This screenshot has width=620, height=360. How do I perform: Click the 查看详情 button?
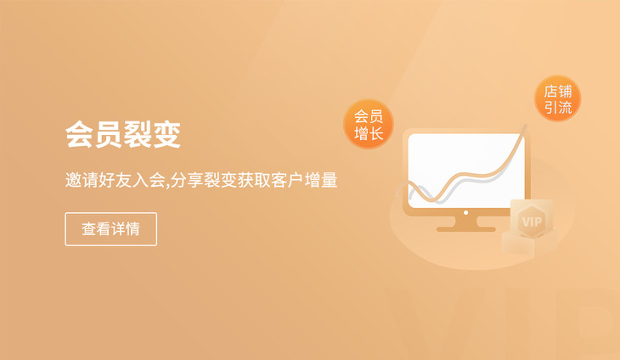pos(110,229)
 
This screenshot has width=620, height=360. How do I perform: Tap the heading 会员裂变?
pos(123,134)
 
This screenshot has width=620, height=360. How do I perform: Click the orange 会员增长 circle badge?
pos(369,124)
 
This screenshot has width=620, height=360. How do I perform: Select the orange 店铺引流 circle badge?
pos(557,98)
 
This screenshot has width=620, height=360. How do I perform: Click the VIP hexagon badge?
pos(532,221)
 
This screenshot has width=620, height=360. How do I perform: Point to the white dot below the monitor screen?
pos(465,212)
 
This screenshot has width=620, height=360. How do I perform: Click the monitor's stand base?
pos(465,229)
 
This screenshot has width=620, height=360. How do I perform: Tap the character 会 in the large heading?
pos(80,134)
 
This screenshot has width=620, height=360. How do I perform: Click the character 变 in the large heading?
pos(166,134)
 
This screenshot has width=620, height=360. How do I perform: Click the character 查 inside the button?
pos(89,229)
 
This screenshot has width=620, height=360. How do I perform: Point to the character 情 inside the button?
pos(132,229)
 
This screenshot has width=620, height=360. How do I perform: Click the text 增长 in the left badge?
pos(369,133)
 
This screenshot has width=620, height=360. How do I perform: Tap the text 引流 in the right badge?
pos(558,107)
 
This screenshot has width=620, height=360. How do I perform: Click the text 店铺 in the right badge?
pos(558,92)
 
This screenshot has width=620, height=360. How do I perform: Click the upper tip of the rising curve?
pos(526,126)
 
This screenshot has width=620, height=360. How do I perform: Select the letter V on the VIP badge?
pos(527,222)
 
